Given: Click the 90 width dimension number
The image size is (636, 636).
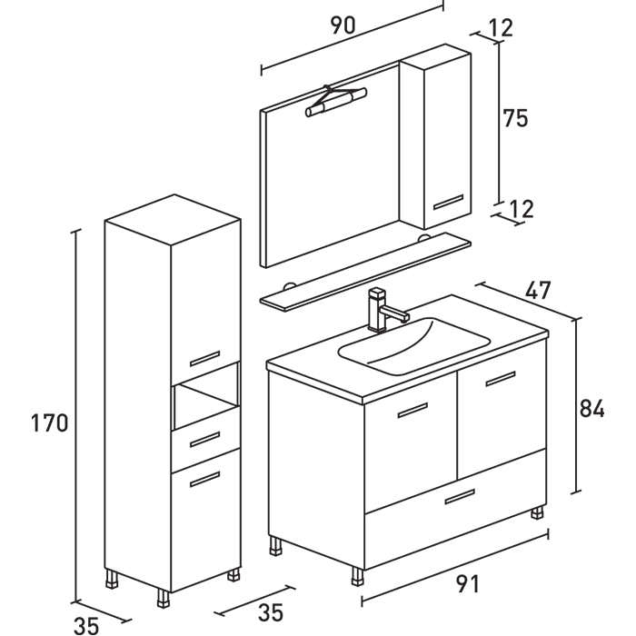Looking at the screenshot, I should [x=342, y=25].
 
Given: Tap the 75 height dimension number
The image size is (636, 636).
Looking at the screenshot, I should [x=515, y=118].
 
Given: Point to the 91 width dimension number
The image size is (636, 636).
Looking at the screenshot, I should [x=466, y=584].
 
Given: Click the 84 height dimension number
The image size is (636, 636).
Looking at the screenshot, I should [x=591, y=409].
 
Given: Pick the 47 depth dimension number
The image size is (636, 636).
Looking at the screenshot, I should [x=538, y=292].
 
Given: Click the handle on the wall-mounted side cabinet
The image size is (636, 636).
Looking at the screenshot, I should [x=448, y=202].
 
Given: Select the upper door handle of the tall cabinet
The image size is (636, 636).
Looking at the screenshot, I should [x=205, y=356].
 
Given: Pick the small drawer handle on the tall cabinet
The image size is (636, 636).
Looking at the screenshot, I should [x=205, y=438].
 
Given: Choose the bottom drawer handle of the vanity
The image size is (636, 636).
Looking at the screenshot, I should [x=460, y=496].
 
